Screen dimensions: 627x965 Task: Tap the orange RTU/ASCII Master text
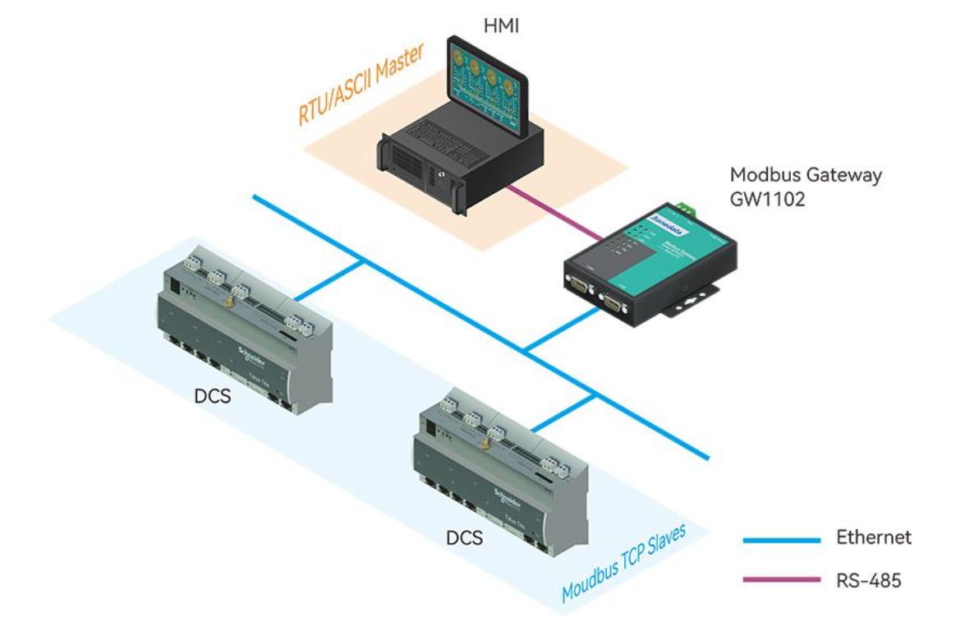[x=361, y=85]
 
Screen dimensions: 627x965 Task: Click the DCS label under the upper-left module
[x=212, y=396]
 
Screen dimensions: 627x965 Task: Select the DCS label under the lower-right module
[x=464, y=538]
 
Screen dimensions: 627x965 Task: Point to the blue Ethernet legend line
[x=781, y=540]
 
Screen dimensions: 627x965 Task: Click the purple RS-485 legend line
[x=781, y=580]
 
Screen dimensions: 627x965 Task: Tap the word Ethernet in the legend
[x=874, y=537]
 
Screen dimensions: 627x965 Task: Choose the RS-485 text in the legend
[x=869, y=580]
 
